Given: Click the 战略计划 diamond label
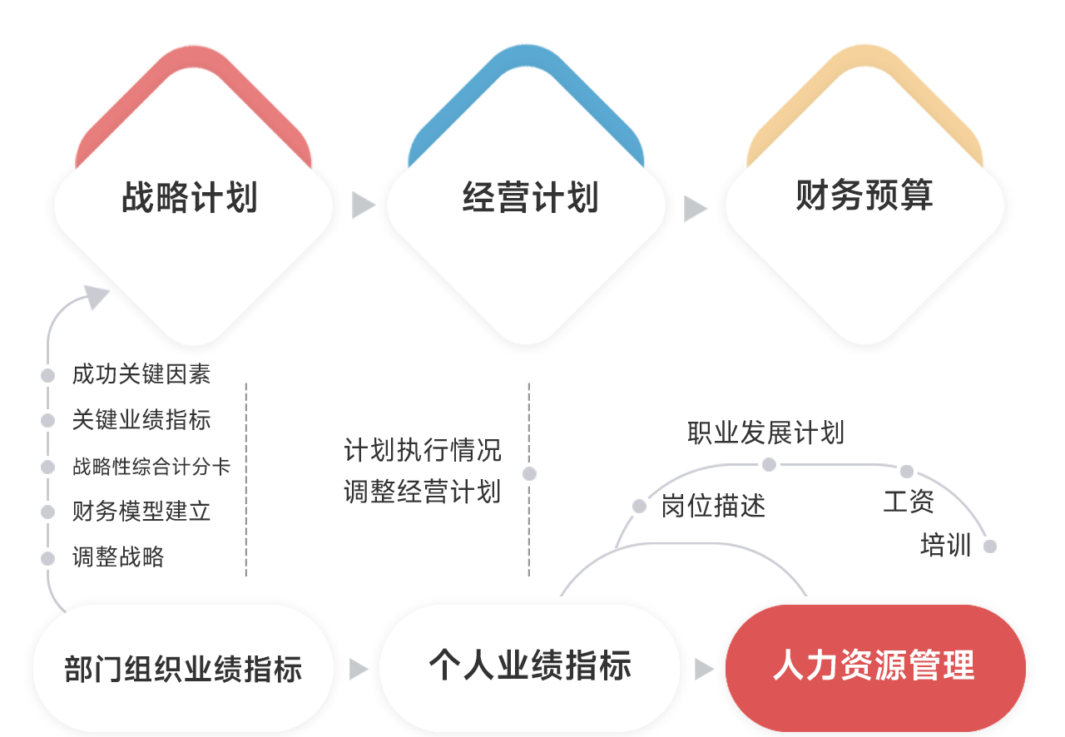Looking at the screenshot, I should [190, 199].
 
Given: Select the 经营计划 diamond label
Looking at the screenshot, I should [530, 199].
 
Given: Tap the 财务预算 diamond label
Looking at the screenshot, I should [864, 195].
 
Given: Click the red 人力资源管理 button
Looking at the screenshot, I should [874, 665].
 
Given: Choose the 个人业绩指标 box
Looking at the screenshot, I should [530, 665].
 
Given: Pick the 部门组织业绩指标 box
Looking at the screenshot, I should [183, 669].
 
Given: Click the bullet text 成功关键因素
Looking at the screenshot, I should [141, 375].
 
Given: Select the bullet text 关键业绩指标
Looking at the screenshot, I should [141, 420].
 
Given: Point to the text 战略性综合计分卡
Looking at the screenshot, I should [151, 467].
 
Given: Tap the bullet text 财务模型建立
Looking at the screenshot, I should [141, 512].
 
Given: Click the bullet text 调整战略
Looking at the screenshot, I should [118, 556].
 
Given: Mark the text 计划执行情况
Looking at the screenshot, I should [423, 450].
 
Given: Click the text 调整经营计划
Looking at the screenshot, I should [423, 491].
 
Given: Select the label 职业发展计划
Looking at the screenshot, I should [765, 433].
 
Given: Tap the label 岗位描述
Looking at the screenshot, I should [713, 506].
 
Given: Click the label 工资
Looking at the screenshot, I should [909, 502].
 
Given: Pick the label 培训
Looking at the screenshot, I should [945, 546].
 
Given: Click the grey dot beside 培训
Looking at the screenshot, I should [989, 546].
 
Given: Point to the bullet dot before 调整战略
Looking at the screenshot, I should [49, 557].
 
